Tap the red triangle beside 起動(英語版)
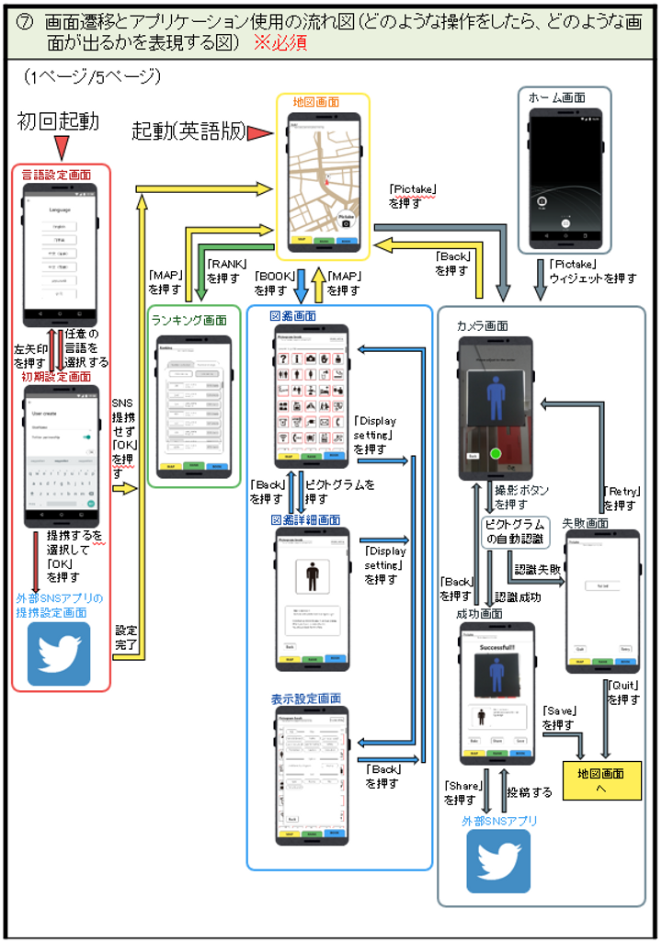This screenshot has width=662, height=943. point(261,133)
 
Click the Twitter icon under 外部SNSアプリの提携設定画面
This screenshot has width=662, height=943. point(59,653)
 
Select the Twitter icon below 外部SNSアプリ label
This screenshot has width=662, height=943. point(498,861)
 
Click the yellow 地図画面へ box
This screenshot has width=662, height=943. point(601,780)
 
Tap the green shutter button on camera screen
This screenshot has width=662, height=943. point(496,453)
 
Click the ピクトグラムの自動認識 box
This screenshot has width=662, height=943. point(516,531)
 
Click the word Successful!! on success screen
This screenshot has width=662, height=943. point(496,648)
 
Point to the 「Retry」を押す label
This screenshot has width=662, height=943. point(621,497)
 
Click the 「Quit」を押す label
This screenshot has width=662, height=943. point(624,692)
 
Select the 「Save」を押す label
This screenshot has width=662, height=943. point(559,717)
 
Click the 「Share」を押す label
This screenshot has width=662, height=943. point(461,792)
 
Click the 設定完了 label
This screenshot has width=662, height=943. point(126,638)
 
